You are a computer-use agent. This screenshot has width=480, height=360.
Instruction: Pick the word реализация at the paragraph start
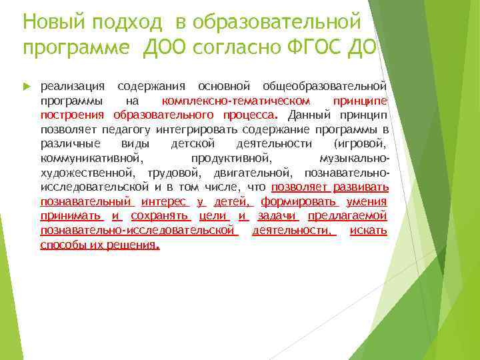pos(73,87)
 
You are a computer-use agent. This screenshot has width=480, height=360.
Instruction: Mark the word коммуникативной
pos(91,159)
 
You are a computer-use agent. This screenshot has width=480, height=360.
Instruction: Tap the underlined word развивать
pos(361,187)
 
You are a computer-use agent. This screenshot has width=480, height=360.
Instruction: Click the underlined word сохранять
pos(161,216)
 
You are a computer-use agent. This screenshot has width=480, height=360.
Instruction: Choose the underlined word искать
pos(367,231)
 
